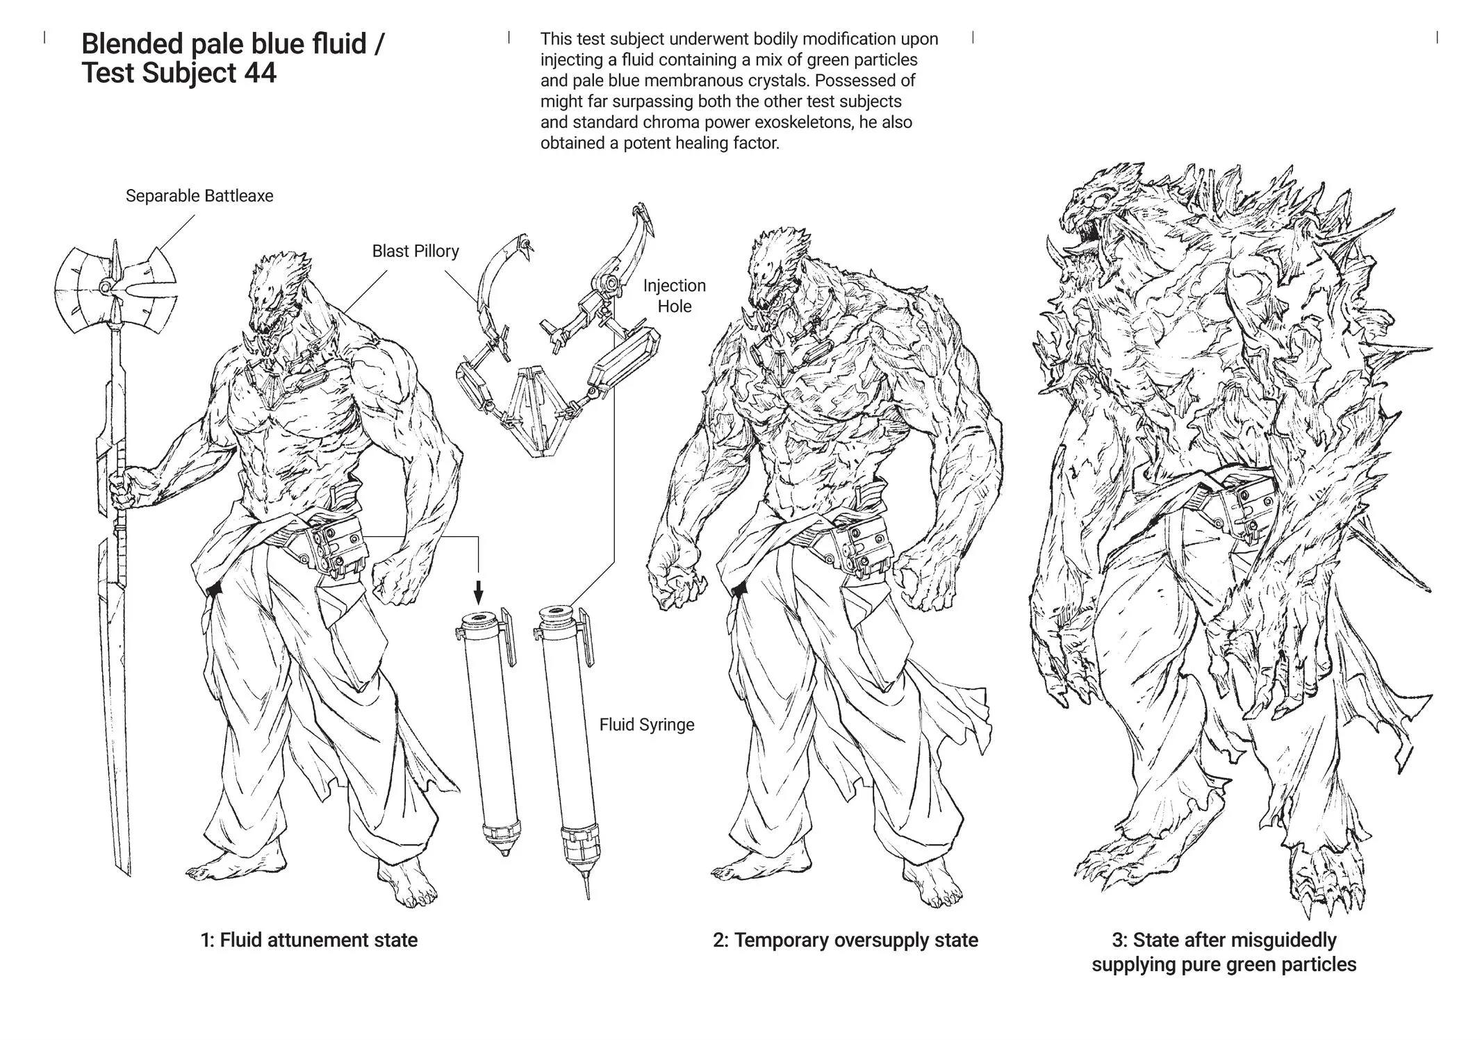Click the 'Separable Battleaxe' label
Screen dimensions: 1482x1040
[x=199, y=196]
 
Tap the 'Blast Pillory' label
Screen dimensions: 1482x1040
[x=415, y=251]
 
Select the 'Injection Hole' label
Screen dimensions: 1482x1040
[x=674, y=296]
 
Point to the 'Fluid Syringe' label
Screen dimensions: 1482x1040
[x=647, y=725]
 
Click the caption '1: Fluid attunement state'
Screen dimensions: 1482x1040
[x=309, y=940]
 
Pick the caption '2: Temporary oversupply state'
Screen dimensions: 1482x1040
[x=846, y=940]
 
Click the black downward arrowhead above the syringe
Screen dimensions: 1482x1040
[x=478, y=595]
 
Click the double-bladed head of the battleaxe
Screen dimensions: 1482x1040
[x=115, y=286]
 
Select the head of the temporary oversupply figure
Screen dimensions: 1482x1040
[x=780, y=267]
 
